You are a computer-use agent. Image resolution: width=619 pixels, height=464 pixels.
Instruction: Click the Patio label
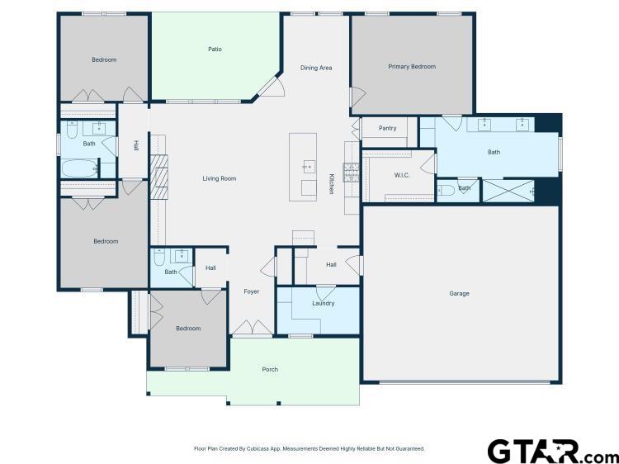[x=214, y=50]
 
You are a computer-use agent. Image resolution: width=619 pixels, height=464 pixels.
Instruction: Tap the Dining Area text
[x=315, y=68]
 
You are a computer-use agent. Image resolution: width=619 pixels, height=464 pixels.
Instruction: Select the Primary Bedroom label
[x=412, y=66]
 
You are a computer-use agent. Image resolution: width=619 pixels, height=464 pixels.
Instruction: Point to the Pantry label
[x=387, y=128]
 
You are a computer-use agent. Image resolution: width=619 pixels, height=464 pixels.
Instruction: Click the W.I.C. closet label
[x=402, y=175]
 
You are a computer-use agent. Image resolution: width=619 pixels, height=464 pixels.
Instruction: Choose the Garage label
[x=459, y=293]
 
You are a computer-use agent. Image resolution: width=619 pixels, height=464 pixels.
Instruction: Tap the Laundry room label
[x=323, y=303]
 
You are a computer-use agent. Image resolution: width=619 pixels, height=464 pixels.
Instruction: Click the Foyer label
[x=251, y=291]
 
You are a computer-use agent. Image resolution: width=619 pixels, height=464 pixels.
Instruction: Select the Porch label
[x=270, y=369]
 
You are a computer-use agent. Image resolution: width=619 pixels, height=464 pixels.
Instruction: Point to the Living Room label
[x=220, y=178]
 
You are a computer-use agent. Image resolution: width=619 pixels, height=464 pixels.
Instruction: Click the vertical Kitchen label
[x=332, y=183]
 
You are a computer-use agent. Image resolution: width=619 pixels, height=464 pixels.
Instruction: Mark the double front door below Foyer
[x=251, y=329]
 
